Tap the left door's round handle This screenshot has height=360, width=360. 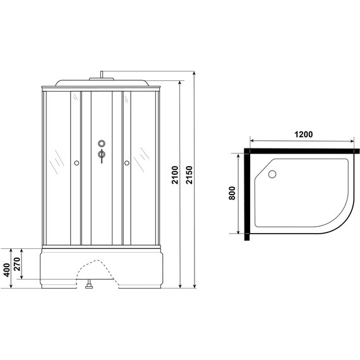(x=76, y=164)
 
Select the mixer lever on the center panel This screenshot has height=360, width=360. (x=101, y=155)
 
